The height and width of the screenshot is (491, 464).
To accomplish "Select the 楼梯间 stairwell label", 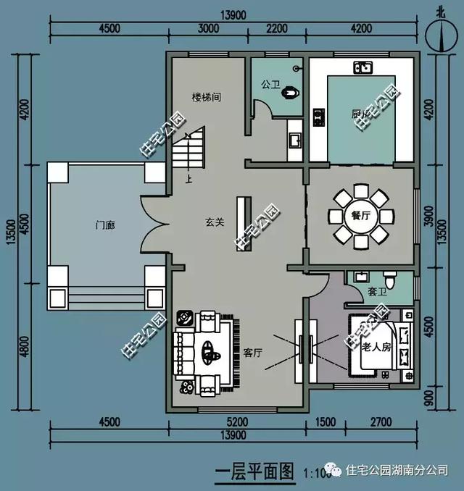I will [206, 96].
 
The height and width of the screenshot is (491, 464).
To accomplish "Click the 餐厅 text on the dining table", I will [360, 215].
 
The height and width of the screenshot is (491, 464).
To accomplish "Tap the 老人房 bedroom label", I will [376, 347].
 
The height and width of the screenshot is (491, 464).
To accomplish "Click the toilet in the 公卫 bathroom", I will [291, 93].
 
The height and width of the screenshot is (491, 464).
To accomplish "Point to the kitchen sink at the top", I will [362, 69].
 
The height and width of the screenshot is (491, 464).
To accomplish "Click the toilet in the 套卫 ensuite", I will [389, 280].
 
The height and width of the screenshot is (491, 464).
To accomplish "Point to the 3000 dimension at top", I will [207, 30].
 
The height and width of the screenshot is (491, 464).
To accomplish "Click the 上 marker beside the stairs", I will [190, 179].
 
